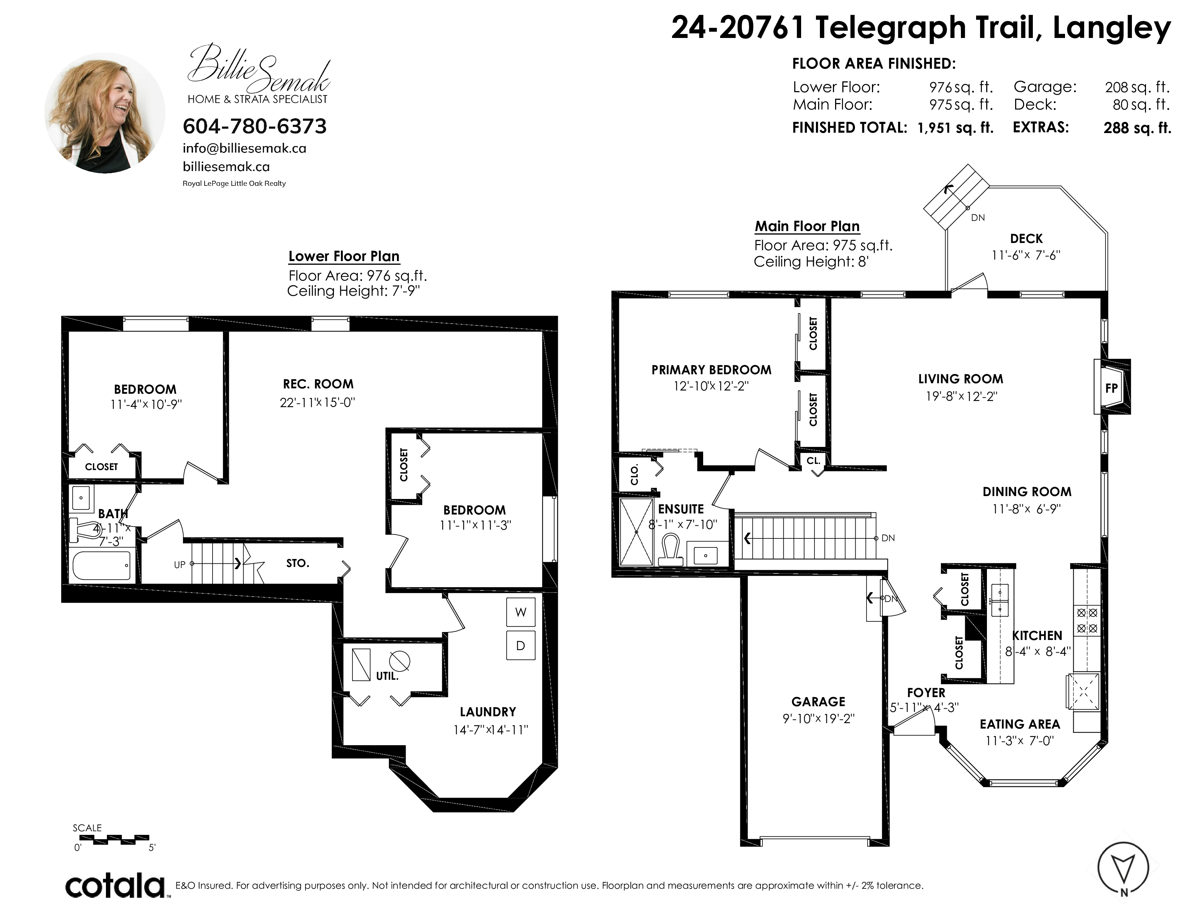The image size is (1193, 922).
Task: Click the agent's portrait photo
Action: point(105,113)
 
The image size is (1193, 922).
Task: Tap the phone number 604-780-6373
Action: point(255,126)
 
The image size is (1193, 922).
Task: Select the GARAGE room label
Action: point(818,701)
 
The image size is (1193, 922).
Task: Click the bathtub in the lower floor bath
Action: point(103,565)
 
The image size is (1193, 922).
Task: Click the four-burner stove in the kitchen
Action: point(1087,620)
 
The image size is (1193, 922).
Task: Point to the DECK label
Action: point(1026,239)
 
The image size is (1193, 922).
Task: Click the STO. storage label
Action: point(298,563)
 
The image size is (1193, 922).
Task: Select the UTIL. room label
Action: point(387,676)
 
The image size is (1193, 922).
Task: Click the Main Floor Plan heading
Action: point(807,226)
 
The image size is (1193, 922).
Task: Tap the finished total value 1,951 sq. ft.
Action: point(955,128)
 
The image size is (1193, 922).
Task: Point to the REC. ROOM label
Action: point(318,384)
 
